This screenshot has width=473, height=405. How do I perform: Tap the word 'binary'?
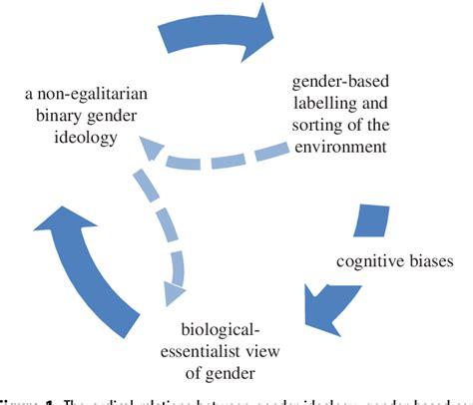point(56,116)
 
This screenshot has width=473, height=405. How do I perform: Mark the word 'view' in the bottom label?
point(278,354)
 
